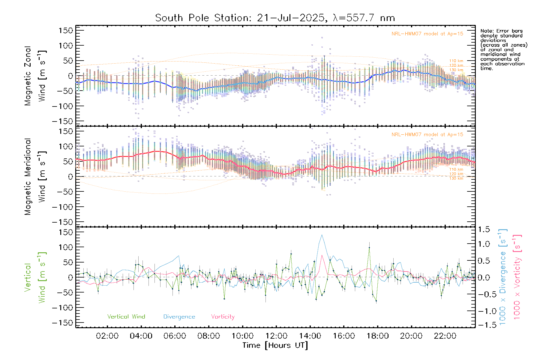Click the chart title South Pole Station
click(274, 18)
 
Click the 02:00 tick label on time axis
click(107, 336)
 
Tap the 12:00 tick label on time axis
click(276, 336)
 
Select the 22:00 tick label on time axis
click(445, 336)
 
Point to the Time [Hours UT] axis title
click(275, 345)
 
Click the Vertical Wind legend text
click(126, 316)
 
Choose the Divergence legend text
click(179, 317)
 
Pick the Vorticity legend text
click(223, 316)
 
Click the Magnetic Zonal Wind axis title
click(35, 76)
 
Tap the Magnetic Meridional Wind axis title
click(35, 177)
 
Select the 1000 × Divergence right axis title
click(503, 277)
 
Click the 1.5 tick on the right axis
click(484, 229)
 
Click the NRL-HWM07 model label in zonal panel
click(427, 34)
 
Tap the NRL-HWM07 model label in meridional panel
click(427, 135)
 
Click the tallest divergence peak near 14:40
click(322, 235)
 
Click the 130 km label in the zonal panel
click(456, 70)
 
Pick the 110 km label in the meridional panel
click(456, 169)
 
